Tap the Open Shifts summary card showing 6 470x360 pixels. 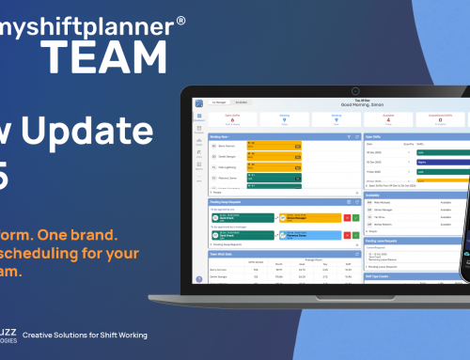[x=232, y=120]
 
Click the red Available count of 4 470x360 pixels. [x=388, y=120]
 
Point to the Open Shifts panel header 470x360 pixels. [x=376, y=136]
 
